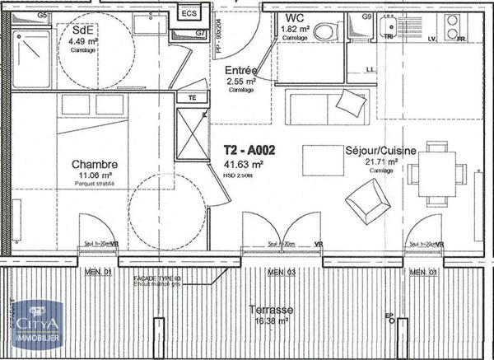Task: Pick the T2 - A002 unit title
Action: click(x=250, y=152)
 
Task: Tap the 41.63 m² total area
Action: click(x=244, y=165)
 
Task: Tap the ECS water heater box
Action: click(x=189, y=13)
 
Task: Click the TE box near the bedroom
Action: click(x=193, y=97)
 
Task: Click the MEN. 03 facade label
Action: click(x=280, y=272)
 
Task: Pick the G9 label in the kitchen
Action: click(x=368, y=16)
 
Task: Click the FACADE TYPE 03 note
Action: click(x=157, y=280)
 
